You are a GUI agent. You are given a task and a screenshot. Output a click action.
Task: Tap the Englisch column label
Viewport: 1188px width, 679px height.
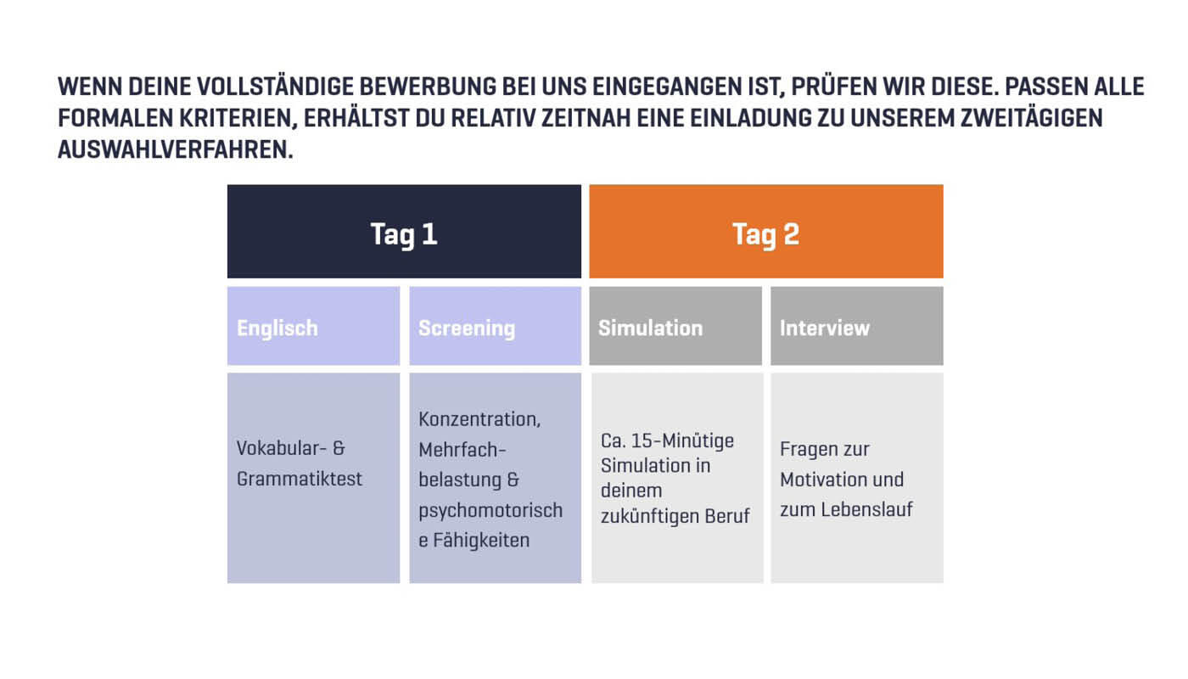pyautogui.click(x=277, y=328)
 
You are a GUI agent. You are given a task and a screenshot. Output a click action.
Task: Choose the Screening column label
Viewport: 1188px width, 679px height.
pyautogui.click(x=467, y=328)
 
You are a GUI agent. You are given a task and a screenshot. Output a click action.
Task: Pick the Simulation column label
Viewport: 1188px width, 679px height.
pyautogui.click(x=650, y=328)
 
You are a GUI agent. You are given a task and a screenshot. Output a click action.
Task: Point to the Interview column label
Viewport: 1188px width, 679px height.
pyautogui.click(x=825, y=328)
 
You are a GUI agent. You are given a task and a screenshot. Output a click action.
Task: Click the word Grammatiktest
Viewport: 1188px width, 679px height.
pyautogui.click(x=300, y=479)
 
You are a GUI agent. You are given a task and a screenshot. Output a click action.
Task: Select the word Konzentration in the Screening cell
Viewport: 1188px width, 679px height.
pyautogui.click(x=478, y=419)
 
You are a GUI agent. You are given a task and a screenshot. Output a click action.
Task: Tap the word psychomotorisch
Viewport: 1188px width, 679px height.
pyautogui.click(x=490, y=510)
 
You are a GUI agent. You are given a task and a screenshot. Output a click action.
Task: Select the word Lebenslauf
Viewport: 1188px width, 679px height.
pyautogui.click(x=867, y=510)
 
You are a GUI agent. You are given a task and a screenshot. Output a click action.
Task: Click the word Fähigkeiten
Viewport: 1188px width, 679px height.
pyautogui.click(x=481, y=540)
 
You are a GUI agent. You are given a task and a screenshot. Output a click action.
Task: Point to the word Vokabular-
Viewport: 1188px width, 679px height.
pyautogui.click(x=278, y=448)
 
